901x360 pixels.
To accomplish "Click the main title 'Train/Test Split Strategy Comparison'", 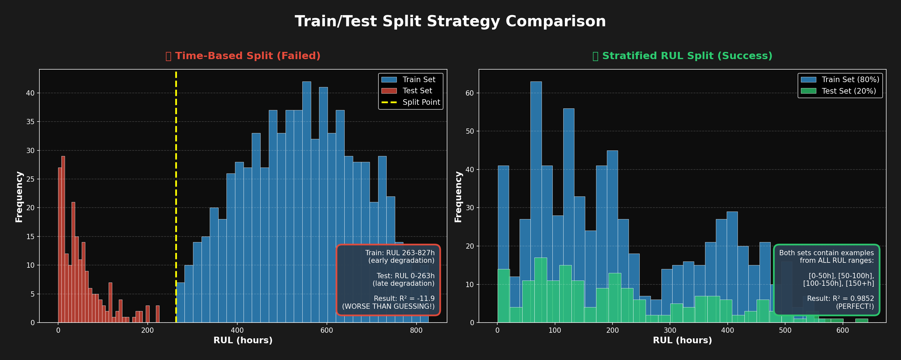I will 450,21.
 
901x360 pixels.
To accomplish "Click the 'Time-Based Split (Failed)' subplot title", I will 247,56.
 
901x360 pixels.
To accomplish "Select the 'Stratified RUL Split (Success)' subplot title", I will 687,56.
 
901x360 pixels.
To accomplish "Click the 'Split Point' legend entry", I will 421,102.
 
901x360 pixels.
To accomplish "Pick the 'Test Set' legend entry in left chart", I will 417,91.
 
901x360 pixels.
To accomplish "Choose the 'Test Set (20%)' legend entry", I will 848,91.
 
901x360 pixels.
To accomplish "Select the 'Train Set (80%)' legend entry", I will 850,80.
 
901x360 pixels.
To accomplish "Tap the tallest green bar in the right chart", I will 540,290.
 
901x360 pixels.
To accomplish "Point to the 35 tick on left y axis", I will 31,122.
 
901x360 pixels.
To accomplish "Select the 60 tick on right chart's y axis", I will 469,93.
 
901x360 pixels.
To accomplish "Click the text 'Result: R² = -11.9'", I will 404,299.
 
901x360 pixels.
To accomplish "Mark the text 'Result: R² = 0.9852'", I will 840,299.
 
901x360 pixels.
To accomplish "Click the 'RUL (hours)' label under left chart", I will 243,340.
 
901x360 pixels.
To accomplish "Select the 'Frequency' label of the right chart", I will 458,197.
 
